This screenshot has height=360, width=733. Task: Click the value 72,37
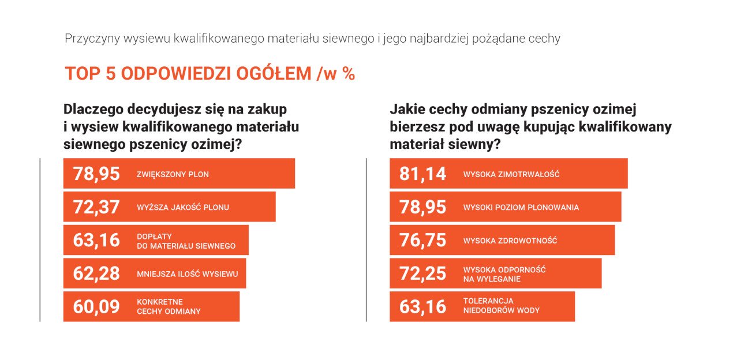[96, 207]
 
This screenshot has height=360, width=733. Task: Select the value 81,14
[422, 174]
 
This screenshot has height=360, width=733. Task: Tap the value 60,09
[96, 306]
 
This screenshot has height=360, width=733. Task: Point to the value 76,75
[422, 240]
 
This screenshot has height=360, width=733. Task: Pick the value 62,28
[96, 273]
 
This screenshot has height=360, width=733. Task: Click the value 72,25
[422, 273]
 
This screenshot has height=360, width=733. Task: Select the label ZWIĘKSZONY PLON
[173, 174]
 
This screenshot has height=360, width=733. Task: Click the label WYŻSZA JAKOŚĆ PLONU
[182, 207]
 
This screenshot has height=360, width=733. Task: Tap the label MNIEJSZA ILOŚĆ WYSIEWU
[187, 274]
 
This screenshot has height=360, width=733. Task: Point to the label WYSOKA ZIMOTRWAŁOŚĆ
[511, 174]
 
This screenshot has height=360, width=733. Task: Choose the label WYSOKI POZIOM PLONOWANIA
[521, 207]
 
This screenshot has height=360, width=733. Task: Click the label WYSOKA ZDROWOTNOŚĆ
[510, 241]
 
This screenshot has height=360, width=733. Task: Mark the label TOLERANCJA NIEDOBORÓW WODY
[501, 306]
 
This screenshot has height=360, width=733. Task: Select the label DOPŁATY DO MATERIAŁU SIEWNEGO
[186, 241]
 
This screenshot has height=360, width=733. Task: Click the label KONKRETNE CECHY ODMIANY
[169, 306]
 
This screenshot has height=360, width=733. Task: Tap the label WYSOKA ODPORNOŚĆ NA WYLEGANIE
[504, 274]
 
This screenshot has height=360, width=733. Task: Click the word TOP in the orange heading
[81, 74]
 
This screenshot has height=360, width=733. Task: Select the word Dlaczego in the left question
[91, 108]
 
